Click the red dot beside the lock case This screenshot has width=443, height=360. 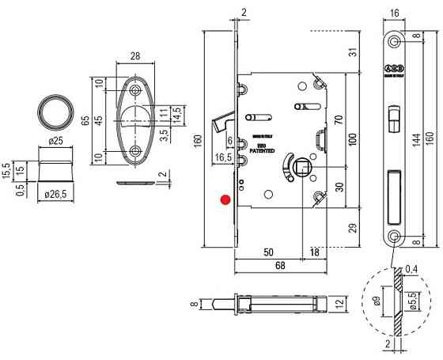coord(225,200)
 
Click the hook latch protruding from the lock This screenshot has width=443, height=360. coord(219,123)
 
